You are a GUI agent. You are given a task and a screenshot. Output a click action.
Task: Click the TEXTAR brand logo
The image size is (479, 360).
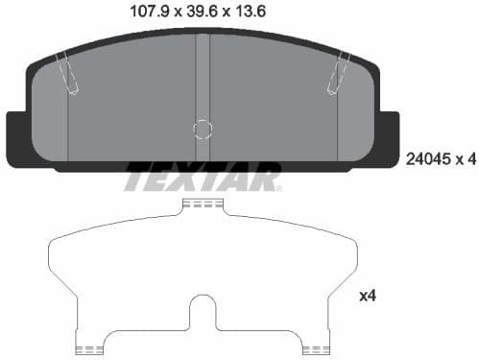coord(203,178)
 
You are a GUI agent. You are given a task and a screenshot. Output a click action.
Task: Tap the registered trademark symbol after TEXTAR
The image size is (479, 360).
coord(278,187)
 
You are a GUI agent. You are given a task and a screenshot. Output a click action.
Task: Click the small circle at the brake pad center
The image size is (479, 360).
coord(203,129)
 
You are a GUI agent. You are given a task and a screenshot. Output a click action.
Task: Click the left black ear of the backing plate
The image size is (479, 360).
coord(17,137)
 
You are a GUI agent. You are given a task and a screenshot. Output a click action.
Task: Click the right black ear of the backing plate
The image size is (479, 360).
coord(388,137)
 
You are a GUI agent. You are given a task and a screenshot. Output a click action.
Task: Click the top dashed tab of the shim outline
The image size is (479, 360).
coord(203,205)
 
